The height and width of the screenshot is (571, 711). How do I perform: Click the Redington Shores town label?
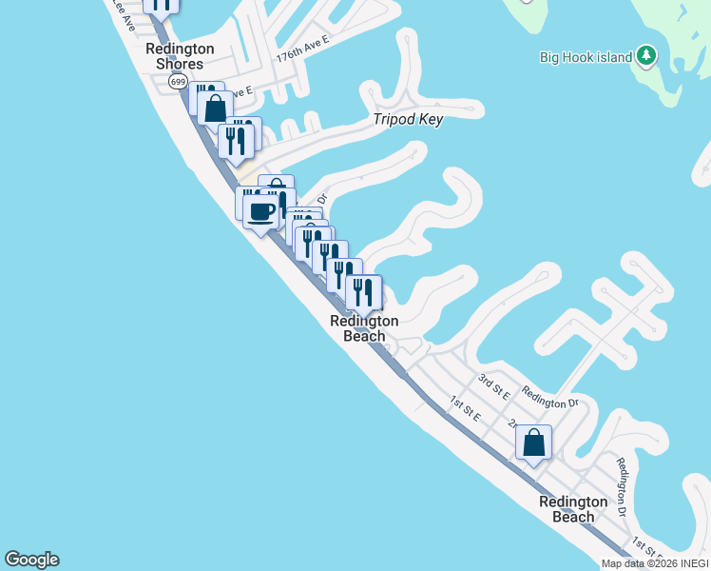[x=180, y=56]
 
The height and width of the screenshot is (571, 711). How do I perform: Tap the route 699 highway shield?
[x=178, y=82]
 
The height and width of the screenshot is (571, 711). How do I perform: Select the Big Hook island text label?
[x=586, y=57]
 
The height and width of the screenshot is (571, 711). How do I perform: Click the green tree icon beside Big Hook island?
[x=646, y=56]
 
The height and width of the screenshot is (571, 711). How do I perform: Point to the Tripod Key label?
[x=408, y=120]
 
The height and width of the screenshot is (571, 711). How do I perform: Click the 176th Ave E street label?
[x=302, y=49]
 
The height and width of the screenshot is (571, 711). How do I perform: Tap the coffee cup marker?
[x=260, y=211]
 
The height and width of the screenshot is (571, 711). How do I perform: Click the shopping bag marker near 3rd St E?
[x=533, y=442]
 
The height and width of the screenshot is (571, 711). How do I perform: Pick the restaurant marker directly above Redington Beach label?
[x=363, y=291]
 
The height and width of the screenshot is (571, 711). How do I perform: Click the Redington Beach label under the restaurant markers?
[x=364, y=328]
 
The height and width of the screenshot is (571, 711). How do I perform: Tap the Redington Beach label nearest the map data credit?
[x=573, y=509]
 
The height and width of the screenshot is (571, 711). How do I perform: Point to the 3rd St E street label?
[x=494, y=385]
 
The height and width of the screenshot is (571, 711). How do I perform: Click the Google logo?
[x=31, y=560]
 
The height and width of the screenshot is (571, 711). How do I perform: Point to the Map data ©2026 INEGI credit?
[x=655, y=563]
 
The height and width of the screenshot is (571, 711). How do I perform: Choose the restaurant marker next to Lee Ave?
[x=162, y=5]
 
